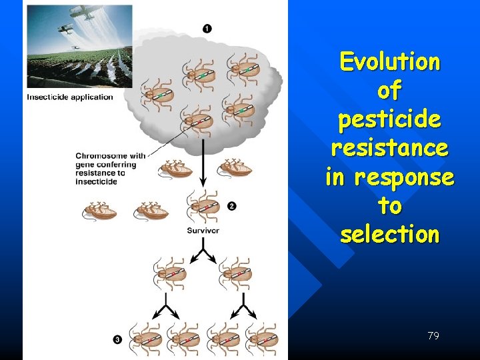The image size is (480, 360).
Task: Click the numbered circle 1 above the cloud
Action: click(207, 28)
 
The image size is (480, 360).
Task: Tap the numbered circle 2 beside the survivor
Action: click(231, 206)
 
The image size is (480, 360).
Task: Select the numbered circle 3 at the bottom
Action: click(117, 339)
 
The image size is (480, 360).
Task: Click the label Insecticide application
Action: click(70, 97)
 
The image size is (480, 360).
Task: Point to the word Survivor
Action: click(203, 231)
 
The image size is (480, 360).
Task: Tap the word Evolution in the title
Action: click(390, 61)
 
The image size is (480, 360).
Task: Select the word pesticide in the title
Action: click(390, 120)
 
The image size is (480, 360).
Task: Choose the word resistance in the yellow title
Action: click(390, 148)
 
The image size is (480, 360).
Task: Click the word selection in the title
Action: click(390, 234)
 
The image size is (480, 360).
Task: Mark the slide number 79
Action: click(433, 336)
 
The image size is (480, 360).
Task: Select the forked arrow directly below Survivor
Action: click(203, 253)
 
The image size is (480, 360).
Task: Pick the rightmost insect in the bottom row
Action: click(261, 337)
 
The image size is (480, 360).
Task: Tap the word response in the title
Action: click(413, 177)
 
